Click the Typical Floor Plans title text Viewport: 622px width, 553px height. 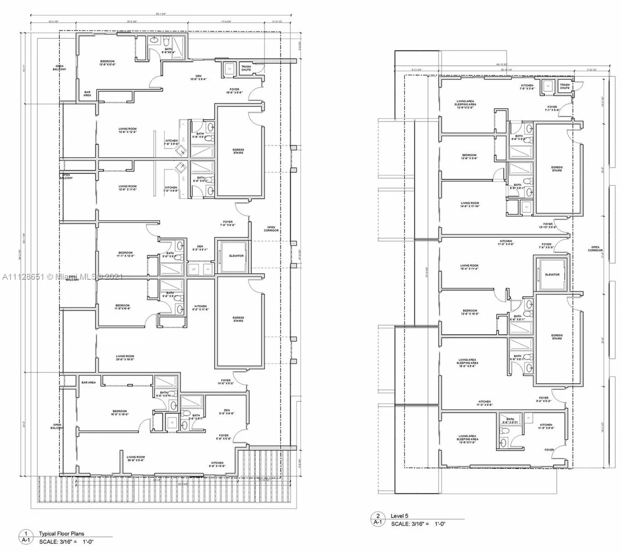coord(61,534)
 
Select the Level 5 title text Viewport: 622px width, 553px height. coord(399,516)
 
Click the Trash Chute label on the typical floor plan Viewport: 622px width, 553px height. coord(246,68)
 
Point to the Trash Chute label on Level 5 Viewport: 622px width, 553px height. coord(564,86)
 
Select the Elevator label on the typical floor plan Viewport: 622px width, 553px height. coord(236,256)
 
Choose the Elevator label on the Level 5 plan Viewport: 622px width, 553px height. coord(552,275)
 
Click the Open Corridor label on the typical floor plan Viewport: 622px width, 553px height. coord(271,229)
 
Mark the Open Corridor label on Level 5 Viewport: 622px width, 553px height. coord(595,249)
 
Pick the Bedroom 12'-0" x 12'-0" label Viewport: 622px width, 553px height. coord(107,63)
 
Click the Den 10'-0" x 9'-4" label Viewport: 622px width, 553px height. coord(198,77)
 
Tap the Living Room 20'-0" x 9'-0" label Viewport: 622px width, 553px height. coord(136,459)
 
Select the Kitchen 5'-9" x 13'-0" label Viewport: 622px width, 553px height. coord(217,465)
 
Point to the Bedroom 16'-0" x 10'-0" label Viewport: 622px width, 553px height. coord(120,412)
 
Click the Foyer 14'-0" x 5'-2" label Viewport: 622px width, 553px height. coord(226,382)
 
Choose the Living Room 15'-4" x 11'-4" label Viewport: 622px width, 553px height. coord(469,267)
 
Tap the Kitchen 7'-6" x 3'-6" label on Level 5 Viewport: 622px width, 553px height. coord(527,87)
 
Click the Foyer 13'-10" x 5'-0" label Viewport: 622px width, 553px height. coord(547,225)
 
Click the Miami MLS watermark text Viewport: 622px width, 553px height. coord(62,277)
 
